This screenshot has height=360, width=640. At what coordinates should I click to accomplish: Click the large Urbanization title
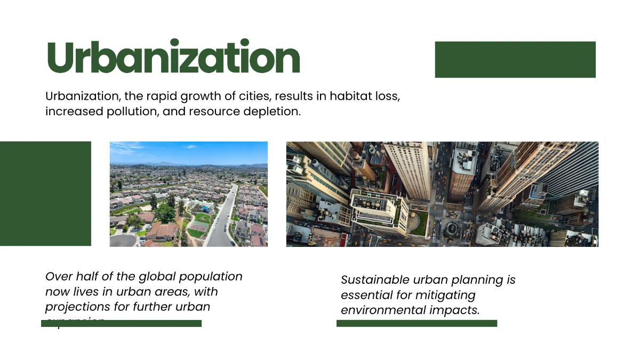[173, 58]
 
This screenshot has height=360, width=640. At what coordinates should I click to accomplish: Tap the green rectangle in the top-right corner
[515, 60]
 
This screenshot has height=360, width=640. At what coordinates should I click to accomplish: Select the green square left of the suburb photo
[45, 194]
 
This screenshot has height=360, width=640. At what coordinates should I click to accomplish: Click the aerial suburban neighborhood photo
[188, 194]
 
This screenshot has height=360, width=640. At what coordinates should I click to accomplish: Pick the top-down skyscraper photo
[442, 194]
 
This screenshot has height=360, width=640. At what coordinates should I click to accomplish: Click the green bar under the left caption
[122, 323]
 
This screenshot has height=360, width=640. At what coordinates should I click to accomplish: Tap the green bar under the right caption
[417, 323]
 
